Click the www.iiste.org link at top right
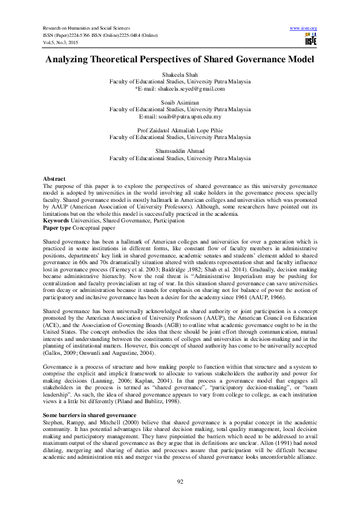pos(304,28)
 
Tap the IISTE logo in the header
pos(311,41)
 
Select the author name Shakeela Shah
pos(180,74)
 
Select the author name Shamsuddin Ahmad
pos(180,152)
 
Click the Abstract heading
pos(54,180)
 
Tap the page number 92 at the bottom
pos(180,481)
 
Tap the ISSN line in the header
pos(100,36)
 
